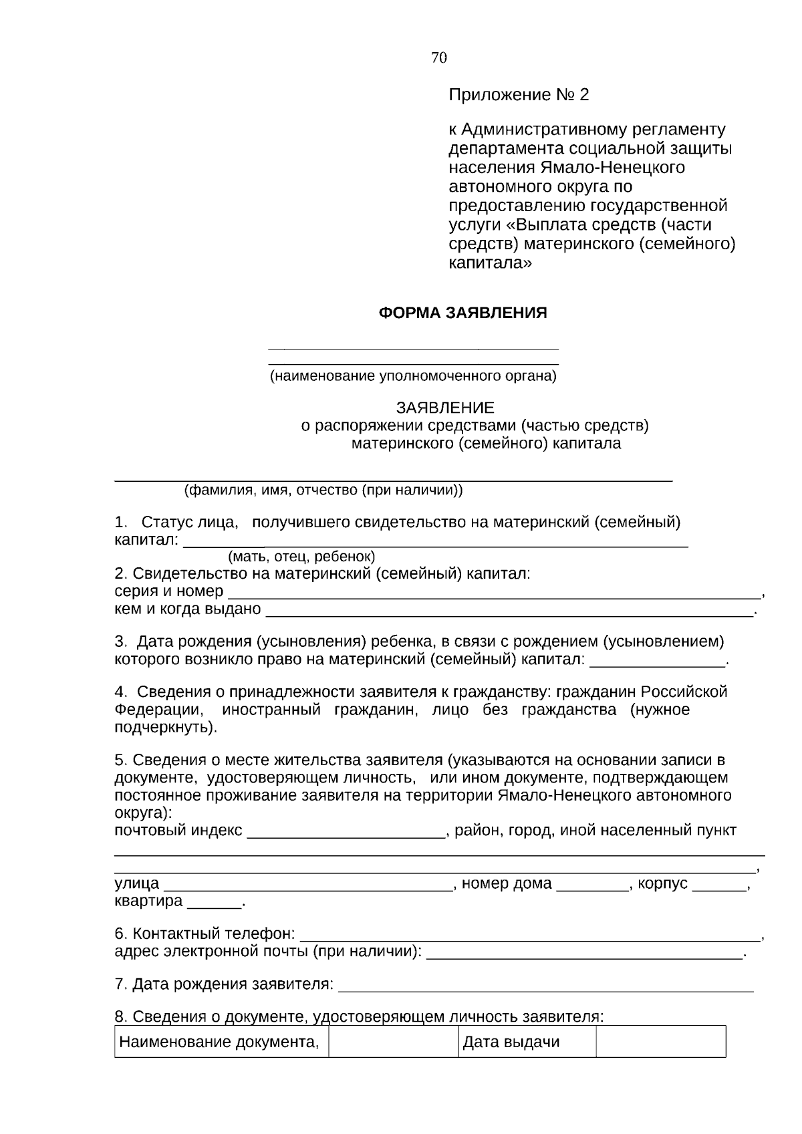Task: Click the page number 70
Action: click(x=439, y=58)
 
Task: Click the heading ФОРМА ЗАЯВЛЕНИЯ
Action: click(x=462, y=313)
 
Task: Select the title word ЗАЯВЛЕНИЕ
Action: click(x=445, y=408)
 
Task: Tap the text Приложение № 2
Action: click(x=519, y=95)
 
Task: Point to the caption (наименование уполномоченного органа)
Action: click(x=413, y=376)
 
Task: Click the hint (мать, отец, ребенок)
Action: click(x=301, y=556)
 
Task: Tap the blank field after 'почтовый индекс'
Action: click(x=346, y=833)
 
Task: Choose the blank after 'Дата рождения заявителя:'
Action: click(x=546, y=986)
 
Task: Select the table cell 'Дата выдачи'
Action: click(x=511, y=1042)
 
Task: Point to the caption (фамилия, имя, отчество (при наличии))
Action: click(x=323, y=490)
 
